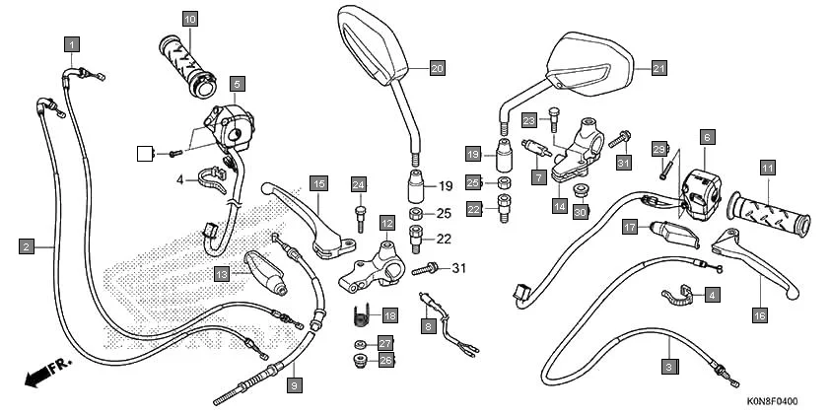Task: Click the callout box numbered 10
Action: click(x=189, y=19)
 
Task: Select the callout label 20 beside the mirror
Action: click(x=438, y=68)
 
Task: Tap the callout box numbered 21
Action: click(x=659, y=68)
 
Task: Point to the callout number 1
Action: click(x=73, y=43)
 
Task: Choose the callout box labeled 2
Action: click(x=27, y=245)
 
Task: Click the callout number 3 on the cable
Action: click(x=669, y=366)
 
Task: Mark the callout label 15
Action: click(x=317, y=183)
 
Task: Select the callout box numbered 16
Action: click(x=759, y=315)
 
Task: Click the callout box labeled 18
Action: click(x=390, y=315)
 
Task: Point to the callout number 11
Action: click(x=766, y=169)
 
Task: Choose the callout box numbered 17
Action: click(x=629, y=228)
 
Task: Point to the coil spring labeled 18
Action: click(x=362, y=316)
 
